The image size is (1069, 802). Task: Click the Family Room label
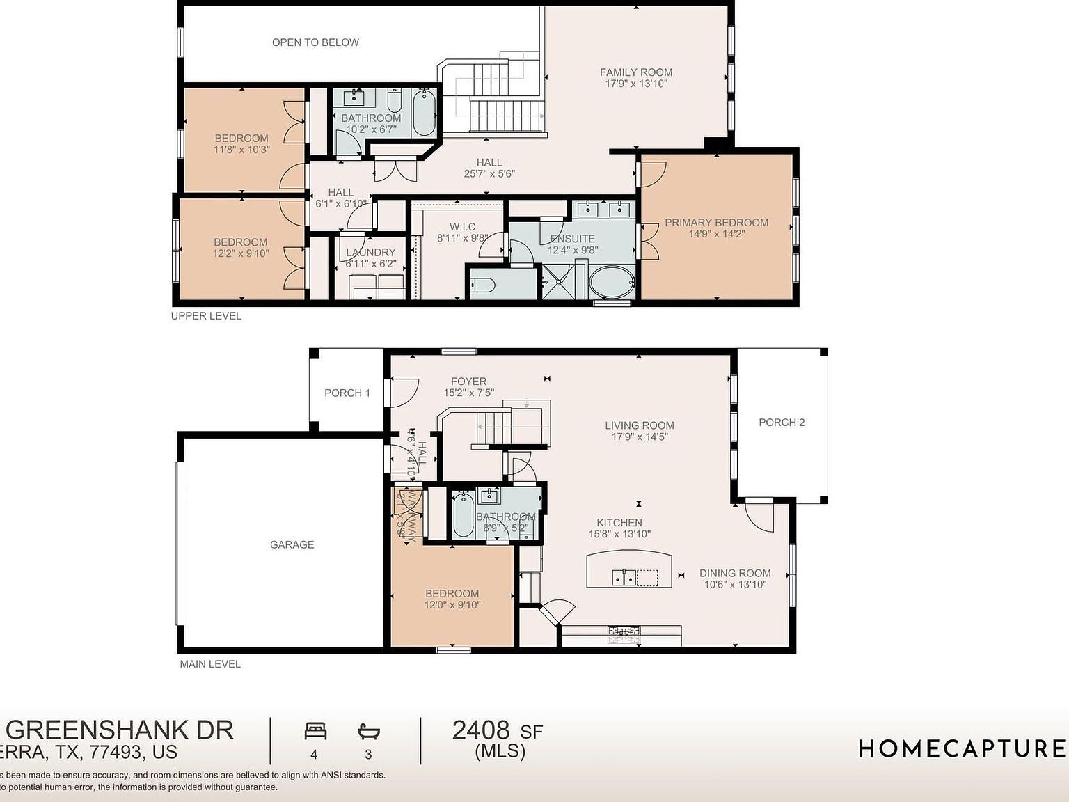coord(636,72)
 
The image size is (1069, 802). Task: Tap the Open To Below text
coord(315,42)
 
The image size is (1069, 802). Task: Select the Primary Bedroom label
coord(716,223)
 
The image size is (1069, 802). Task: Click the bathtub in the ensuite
coord(611,282)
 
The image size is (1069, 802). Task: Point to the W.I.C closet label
coord(462,227)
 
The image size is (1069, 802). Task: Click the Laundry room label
coord(370,253)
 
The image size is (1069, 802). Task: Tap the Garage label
coord(292,544)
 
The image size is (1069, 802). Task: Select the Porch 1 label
coord(347,393)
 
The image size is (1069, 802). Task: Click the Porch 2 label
coord(782,423)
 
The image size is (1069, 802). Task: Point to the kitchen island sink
coord(624,577)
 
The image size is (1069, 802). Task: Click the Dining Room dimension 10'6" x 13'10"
coord(735,585)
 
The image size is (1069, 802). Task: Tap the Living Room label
coord(639,425)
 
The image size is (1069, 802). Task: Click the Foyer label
coord(468,382)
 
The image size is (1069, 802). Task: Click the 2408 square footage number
coord(481,730)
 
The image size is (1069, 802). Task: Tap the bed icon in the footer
coord(315,731)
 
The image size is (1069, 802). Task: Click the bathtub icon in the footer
coord(368,731)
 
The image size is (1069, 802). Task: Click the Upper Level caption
coord(206,316)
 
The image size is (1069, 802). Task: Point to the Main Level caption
coord(210,664)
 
